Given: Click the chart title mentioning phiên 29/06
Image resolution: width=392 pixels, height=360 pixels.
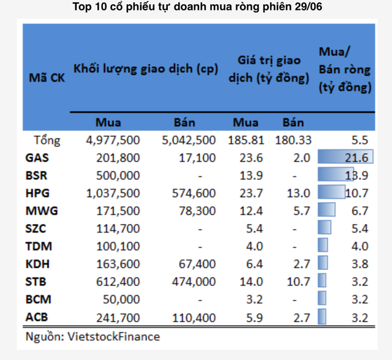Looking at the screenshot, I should click(196, 8).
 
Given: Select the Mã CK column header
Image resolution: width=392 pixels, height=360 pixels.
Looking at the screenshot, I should click(47, 78).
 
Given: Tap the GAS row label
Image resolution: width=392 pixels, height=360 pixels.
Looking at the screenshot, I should click(37, 158).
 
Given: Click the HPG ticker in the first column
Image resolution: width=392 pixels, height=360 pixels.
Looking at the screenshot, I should click(37, 193).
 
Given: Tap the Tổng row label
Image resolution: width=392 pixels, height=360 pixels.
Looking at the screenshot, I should click(47, 140).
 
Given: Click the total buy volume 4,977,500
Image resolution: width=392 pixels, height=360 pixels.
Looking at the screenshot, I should click(111, 140).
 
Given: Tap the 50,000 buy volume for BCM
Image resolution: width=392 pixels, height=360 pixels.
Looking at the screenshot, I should click(123, 300).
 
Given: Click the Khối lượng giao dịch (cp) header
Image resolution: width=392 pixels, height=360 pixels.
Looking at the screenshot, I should click(145, 69).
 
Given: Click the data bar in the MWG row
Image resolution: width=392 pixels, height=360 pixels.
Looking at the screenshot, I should click(326, 211).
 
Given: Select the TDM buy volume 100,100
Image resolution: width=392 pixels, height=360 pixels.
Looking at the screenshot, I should click(119, 247).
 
